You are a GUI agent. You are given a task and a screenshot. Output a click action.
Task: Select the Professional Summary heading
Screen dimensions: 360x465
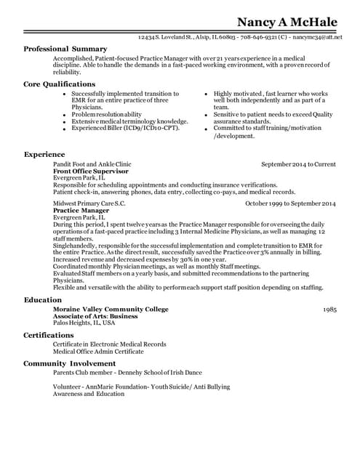click(x=65, y=49)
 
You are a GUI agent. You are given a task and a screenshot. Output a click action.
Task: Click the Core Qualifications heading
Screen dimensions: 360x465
click(x=60, y=84)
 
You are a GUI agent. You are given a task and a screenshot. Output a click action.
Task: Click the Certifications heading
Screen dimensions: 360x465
click(x=49, y=335)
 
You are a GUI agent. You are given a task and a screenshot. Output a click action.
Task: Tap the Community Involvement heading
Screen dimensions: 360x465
click(x=70, y=363)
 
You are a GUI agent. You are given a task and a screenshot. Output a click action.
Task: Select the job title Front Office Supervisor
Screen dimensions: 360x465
click(x=91, y=171)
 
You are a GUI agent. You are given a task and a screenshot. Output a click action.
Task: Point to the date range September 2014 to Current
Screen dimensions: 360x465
click(x=298, y=165)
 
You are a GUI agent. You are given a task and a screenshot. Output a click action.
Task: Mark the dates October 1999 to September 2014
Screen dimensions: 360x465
click(x=290, y=203)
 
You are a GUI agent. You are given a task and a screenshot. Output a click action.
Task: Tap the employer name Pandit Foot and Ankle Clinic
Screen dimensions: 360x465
click(x=92, y=165)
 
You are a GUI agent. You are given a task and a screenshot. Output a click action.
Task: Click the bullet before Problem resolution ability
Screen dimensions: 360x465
click(x=64, y=115)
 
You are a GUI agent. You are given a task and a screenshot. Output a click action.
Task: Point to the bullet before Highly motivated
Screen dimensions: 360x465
click(x=206, y=94)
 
